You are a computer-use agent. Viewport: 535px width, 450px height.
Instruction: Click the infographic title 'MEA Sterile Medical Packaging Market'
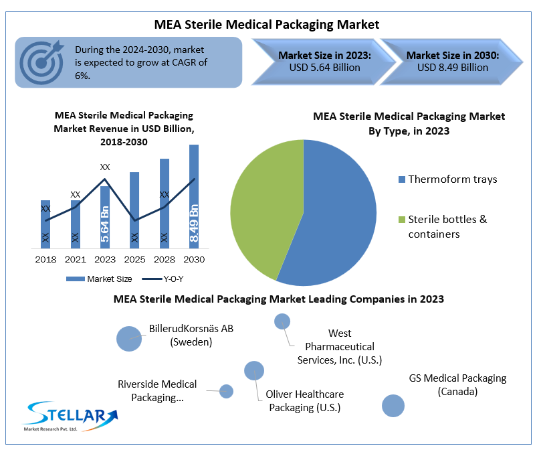tap(267, 25)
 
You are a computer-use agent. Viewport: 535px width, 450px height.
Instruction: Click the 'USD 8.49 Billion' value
tap(452, 68)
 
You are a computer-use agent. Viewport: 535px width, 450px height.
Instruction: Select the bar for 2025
tap(134, 209)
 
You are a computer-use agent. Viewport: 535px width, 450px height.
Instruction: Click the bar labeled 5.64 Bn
tap(104, 216)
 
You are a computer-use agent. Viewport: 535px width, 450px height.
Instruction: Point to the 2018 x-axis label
tap(45, 259)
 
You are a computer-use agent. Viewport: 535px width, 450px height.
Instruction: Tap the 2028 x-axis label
tap(164, 259)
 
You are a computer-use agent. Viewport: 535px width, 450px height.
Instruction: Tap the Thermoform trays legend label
tap(452, 179)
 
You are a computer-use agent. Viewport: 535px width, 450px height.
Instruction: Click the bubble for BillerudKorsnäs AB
tap(129, 338)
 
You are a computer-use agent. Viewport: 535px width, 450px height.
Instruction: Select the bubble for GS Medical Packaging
tap(393, 405)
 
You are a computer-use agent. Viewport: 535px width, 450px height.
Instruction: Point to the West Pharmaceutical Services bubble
tap(282, 321)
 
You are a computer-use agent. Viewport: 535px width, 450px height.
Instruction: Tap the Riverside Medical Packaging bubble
tap(226, 391)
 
